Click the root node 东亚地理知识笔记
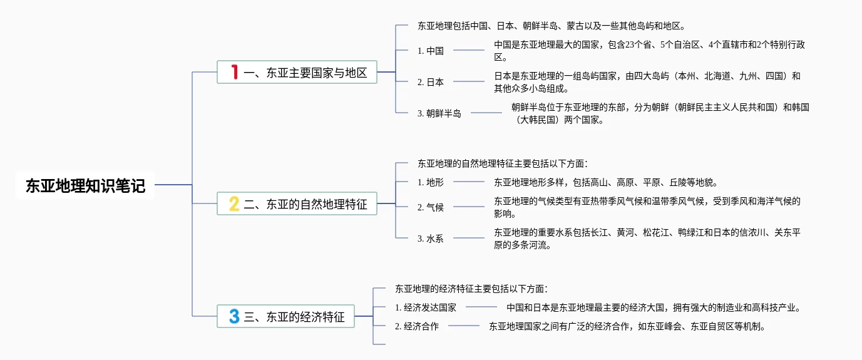pyautogui.click(x=85, y=186)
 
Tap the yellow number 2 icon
pyautogui.click(x=234, y=204)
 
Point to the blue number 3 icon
pyautogui.click(x=234, y=317)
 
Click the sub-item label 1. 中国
pyautogui.click(x=431, y=51)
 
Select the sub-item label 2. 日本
pyautogui.click(x=431, y=82)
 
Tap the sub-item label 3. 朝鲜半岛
pyautogui.click(x=439, y=113)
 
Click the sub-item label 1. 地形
pyautogui.click(x=431, y=182)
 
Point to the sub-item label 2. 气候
pyautogui.click(x=431, y=207)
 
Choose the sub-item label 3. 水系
pyautogui.click(x=431, y=239)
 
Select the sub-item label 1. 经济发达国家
pyautogui.click(x=426, y=307)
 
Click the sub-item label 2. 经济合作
pyautogui.click(x=417, y=326)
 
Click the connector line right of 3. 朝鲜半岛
pyautogui.click(x=486, y=113)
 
